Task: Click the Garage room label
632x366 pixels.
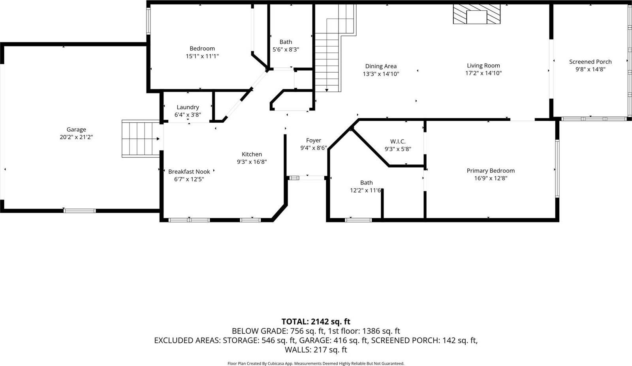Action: click(x=76, y=129)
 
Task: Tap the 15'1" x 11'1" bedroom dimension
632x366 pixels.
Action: click(x=202, y=56)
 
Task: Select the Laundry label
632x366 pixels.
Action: click(x=188, y=107)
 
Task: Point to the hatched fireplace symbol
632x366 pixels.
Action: click(x=476, y=15)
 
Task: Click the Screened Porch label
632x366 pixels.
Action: click(x=590, y=62)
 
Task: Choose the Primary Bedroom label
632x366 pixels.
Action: click(x=491, y=171)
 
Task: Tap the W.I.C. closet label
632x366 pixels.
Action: click(x=398, y=142)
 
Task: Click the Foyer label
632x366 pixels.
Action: click(x=314, y=140)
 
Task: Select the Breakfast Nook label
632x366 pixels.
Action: click(x=189, y=172)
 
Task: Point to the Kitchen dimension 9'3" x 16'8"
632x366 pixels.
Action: click(x=252, y=162)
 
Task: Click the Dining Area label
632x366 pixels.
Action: click(x=381, y=66)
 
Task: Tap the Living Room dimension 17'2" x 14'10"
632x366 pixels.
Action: click(x=483, y=73)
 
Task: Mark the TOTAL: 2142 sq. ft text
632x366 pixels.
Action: click(x=316, y=321)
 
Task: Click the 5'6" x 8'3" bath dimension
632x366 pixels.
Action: click(x=286, y=50)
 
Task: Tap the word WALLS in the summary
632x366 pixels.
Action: click(x=298, y=349)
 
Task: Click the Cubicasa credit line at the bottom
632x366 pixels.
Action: click(x=316, y=363)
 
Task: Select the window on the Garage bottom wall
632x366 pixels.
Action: click(x=80, y=211)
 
